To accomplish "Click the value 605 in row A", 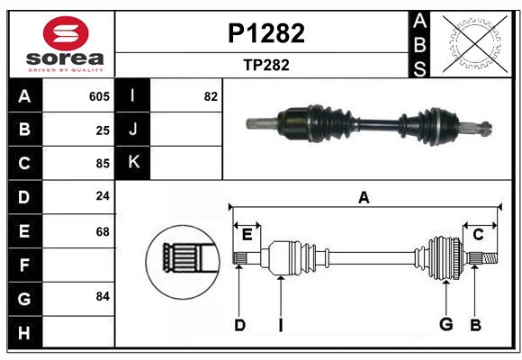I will point(99,96).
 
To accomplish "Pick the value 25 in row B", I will point(103,130).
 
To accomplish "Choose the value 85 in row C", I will point(103,164).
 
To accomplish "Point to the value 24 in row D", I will point(103,195).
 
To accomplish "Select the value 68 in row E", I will point(103,231).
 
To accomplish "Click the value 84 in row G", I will point(103,296).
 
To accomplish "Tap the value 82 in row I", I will point(211,96).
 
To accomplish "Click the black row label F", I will point(24,265).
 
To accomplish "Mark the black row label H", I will point(24,332).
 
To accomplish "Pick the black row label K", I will point(133,162).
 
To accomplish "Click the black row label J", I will point(133,130).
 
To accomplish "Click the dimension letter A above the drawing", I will point(364,198).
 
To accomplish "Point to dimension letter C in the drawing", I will point(478,235).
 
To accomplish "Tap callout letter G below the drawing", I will point(445,325).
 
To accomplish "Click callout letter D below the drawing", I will point(239,325).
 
